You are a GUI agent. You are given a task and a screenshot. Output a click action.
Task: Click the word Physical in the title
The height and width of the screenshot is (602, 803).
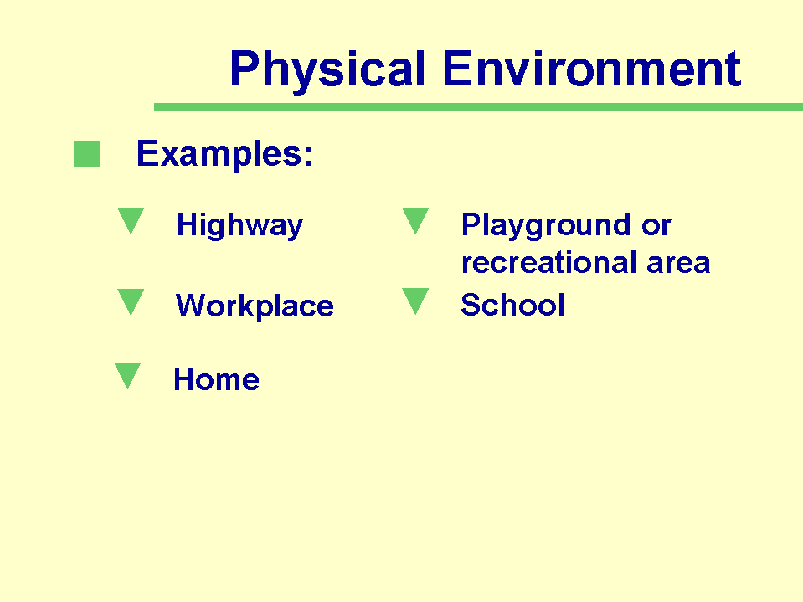327,70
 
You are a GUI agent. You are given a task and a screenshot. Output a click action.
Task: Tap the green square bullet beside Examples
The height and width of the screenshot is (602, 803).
87,154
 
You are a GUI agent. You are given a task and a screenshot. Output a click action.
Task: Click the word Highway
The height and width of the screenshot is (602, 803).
239,226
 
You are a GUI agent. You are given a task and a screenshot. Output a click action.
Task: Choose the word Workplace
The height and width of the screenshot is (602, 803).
255,306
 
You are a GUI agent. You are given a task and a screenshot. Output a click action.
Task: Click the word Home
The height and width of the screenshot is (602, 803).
216,379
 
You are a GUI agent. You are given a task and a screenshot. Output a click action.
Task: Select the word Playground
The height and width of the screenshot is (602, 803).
546,226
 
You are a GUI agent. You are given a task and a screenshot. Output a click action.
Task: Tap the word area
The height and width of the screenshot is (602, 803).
678,264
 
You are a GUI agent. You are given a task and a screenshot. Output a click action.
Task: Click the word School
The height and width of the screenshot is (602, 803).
512,305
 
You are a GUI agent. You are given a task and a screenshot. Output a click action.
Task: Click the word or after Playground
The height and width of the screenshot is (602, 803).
656,226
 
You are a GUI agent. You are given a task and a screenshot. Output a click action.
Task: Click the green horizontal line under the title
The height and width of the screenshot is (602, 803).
478,107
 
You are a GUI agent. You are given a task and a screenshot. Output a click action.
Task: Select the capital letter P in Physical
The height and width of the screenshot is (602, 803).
245,69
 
